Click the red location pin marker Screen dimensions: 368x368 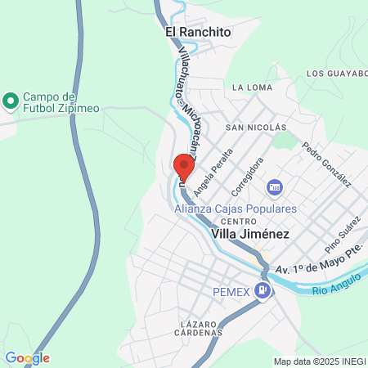click(184, 168)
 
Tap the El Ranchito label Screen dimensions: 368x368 click(199, 32)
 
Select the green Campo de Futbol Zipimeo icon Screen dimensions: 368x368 click(11, 101)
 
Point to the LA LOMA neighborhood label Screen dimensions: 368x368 click(250, 87)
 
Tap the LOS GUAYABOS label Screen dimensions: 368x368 click(336, 73)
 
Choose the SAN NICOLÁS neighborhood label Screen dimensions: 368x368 click(256, 128)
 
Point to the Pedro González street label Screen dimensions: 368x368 click(325, 164)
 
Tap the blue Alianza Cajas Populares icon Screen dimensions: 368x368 click(275, 188)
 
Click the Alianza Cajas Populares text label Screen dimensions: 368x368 click(236, 208)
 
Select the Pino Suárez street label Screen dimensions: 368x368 click(342, 235)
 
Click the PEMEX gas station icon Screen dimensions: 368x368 click(262, 289)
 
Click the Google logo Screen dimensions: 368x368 click(27, 358)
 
